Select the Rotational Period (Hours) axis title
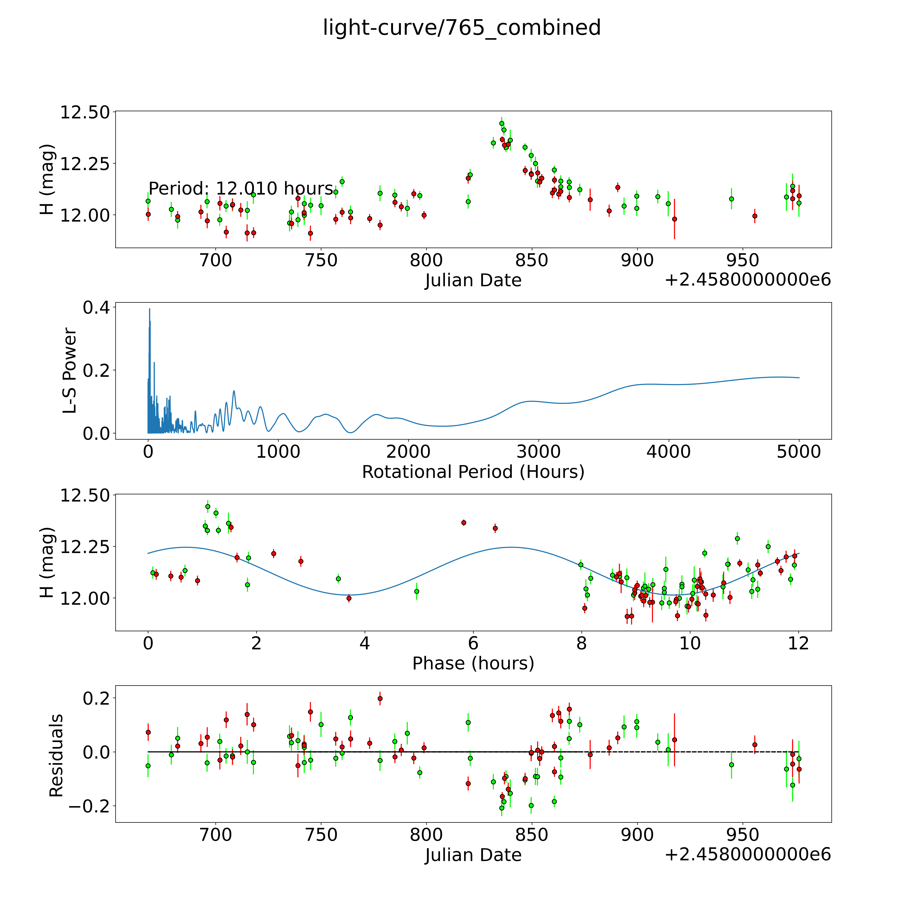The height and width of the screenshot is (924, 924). click(x=473, y=472)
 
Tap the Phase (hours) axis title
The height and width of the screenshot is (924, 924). click(x=473, y=663)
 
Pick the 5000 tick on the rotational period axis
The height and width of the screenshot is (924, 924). click(x=799, y=452)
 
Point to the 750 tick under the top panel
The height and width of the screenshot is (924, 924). click(x=321, y=261)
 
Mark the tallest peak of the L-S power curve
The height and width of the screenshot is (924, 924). click(x=149, y=309)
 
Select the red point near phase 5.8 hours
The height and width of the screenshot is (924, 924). click(x=463, y=523)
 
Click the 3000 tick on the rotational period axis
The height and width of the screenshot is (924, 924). click(x=538, y=452)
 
